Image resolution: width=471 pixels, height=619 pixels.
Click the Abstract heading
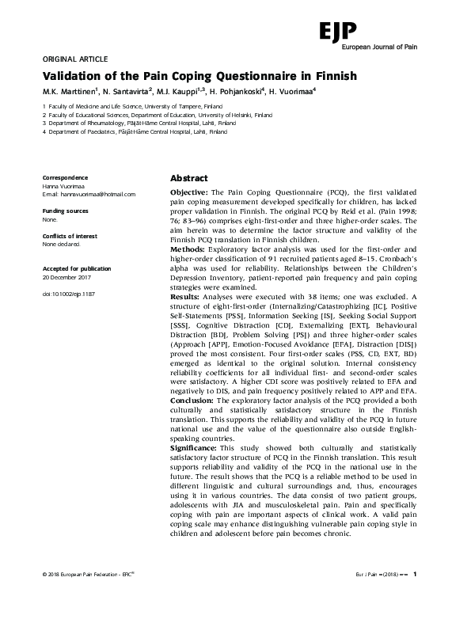tap(189, 178)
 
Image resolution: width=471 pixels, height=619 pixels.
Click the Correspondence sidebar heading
tap(65, 178)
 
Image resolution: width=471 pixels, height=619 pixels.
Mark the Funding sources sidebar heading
tap(65, 211)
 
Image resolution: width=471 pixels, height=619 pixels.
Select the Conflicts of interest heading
tap(69, 236)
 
